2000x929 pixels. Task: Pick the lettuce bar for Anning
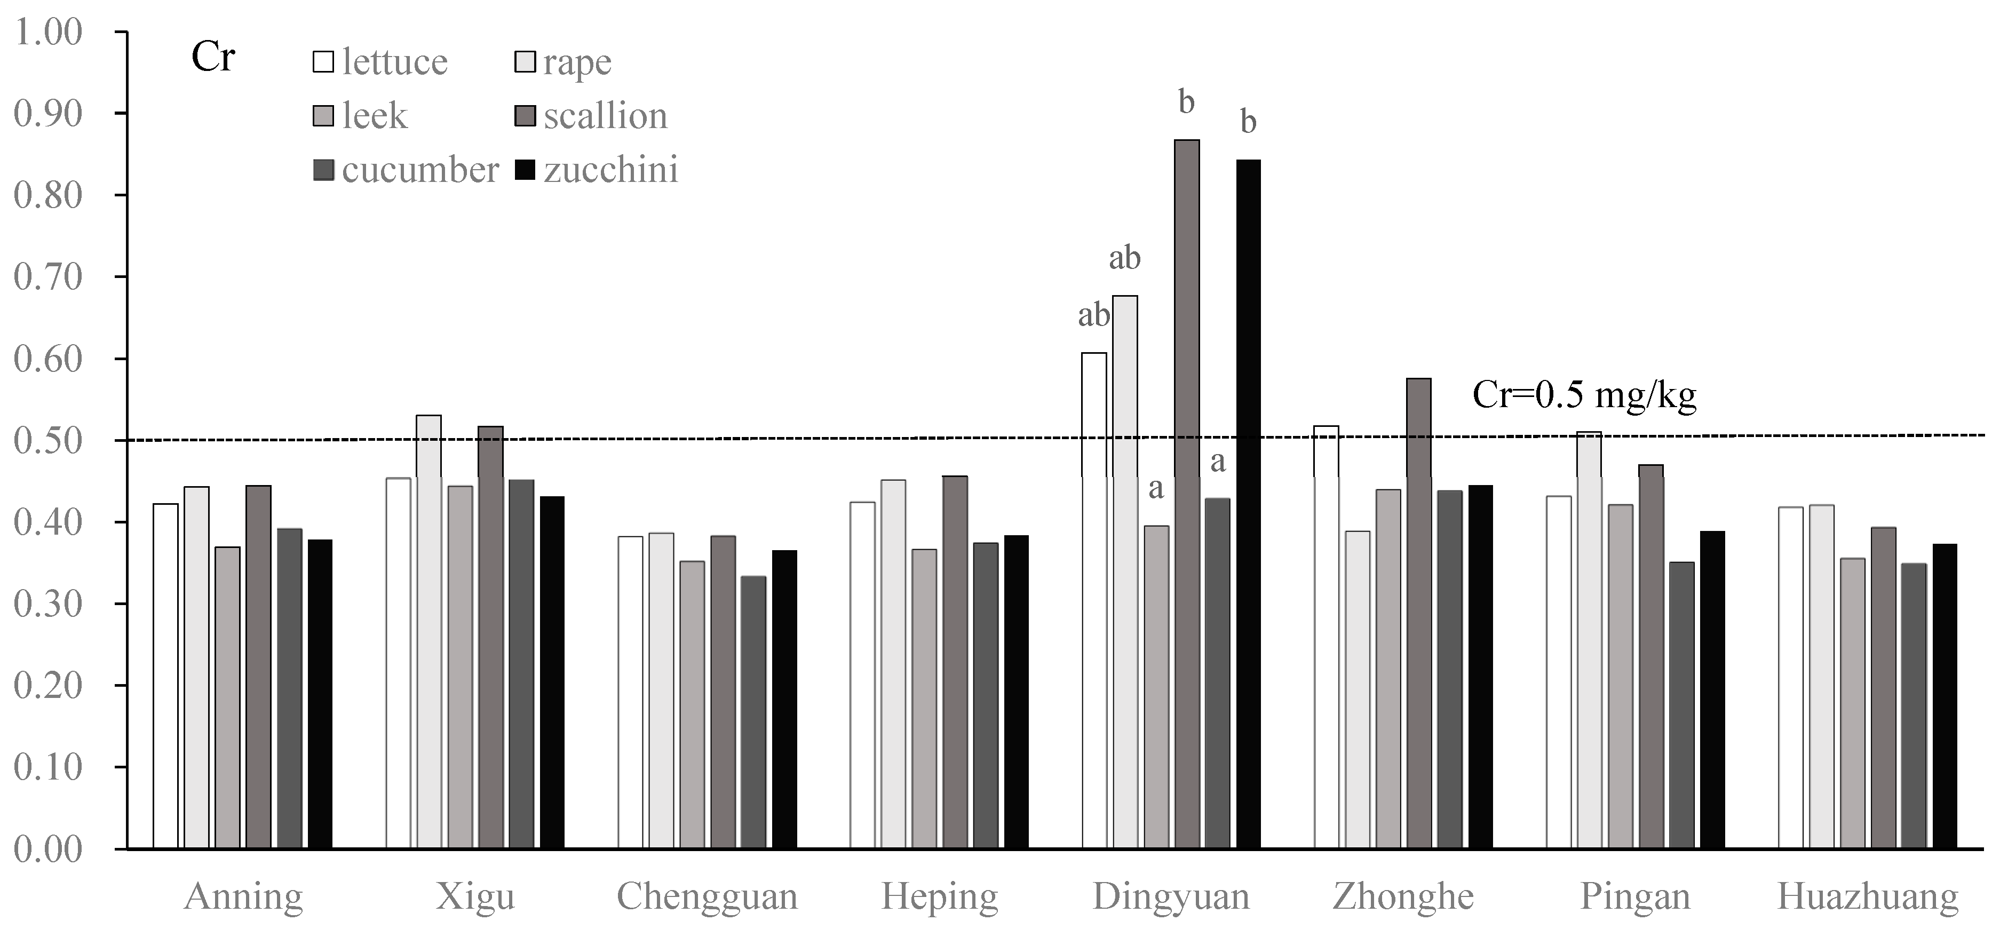(165, 675)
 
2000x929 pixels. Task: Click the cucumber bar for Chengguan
(753, 712)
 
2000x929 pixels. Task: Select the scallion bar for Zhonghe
(1418, 613)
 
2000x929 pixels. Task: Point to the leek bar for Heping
(924, 698)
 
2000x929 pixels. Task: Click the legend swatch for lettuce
(323, 62)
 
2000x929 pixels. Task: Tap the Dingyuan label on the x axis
(1171, 897)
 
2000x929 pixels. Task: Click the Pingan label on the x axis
(1635, 897)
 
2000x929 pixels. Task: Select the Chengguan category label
(707, 897)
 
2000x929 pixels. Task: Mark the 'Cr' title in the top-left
(213, 58)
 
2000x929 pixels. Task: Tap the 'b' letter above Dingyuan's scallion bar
(1186, 102)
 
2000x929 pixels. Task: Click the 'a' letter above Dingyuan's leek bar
(1156, 488)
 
